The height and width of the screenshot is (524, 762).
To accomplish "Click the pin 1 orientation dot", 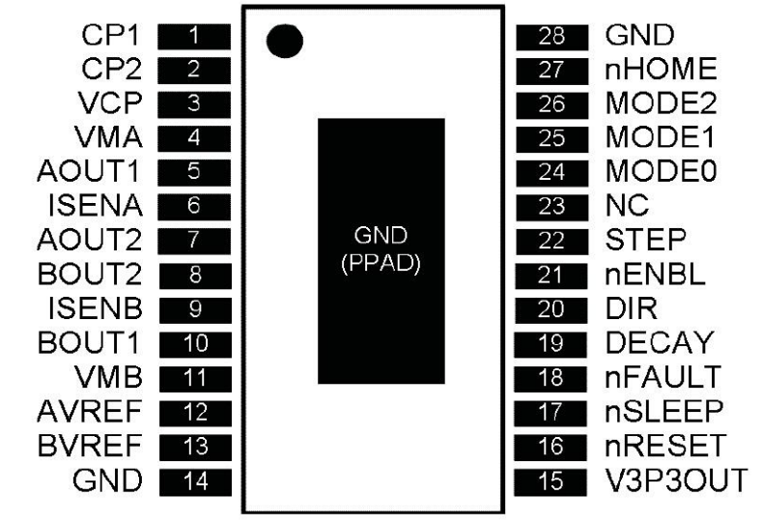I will click(x=283, y=41).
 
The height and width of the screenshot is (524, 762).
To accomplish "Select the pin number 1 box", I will click(x=193, y=38).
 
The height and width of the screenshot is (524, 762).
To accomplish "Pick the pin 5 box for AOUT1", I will click(x=193, y=172).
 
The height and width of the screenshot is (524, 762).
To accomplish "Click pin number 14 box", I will click(x=193, y=480).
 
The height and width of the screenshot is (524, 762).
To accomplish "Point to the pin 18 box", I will click(x=551, y=377).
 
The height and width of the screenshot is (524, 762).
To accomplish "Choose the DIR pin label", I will click(x=631, y=307).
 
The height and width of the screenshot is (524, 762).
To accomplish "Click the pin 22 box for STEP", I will click(x=551, y=240).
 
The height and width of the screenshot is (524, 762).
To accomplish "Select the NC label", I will click(x=627, y=205).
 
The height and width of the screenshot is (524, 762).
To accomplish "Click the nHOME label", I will click(x=660, y=69).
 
